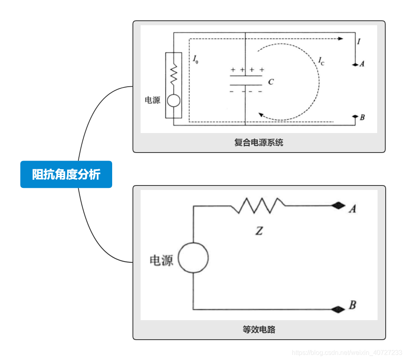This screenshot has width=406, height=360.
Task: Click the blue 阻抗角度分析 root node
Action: click(x=66, y=175)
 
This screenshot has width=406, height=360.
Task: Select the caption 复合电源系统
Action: click(x=259, y=143)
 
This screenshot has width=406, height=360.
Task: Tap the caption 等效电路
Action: click(x=259, y=329)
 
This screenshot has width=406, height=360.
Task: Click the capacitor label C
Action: click(x=271, y=82)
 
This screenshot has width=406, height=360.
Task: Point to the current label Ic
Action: click(x=321, y=62)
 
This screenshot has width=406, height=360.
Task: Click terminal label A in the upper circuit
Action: click(x=362, y=64)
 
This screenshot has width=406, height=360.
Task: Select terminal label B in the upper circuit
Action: click(x=362, y=118)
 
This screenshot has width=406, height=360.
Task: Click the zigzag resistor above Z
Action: click(x=259, y=205)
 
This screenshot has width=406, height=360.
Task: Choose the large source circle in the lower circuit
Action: click(x=193, y=257)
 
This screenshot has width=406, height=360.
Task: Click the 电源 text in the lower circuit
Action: click(x=161, y=260)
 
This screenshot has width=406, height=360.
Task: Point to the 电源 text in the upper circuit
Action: click(x=153, y=100)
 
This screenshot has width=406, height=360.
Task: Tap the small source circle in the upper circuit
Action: click(x=174, y=100)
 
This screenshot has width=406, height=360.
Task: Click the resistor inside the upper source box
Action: click(x=174, y=74)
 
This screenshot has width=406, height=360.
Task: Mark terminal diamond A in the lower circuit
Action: click(x=337, y=206)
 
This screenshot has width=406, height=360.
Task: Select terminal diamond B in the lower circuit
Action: click(x=337, y=310)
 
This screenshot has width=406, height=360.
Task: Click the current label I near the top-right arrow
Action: click(x=358, y=41)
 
